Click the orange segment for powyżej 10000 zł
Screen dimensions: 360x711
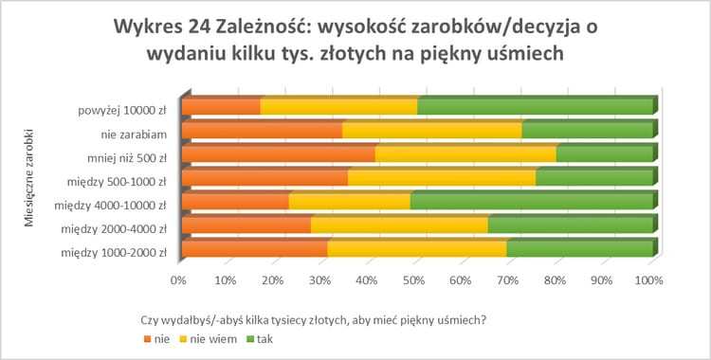[220, 107]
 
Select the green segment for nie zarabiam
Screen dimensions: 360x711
[587, 131]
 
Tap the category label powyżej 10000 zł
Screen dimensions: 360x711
[123, 108]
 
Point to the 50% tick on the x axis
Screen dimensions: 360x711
[413, 280]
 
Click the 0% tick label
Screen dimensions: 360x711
[177, 280]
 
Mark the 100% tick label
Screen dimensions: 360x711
[649, 280]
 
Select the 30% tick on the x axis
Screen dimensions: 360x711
[319, 280]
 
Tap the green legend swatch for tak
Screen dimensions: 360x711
[250, 338]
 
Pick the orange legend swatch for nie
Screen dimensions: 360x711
[146, 338]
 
